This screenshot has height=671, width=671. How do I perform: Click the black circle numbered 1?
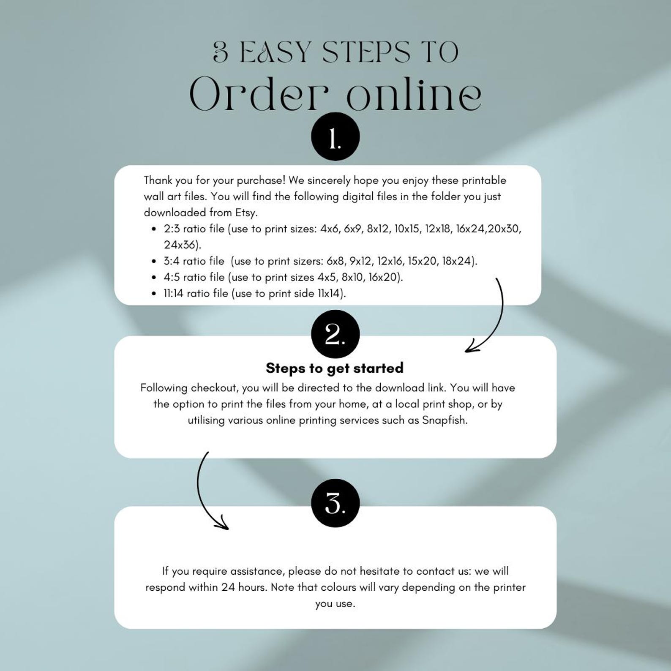[335, 136]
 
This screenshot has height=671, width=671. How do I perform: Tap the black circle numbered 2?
[335, 334]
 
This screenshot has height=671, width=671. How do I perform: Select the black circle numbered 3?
[335, 503]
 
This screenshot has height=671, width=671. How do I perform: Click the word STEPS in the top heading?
[366, 52]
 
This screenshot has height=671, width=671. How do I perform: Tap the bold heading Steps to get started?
[335, 368]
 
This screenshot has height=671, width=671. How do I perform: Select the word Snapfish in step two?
[445, 420]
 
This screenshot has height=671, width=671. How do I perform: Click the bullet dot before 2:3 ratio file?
[154, 229]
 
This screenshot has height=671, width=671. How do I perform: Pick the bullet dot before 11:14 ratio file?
[154, 294]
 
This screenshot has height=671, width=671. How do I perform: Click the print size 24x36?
[181, 245]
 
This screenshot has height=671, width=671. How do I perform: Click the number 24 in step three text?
[228, 587]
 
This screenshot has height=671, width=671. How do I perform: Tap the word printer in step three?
[510, 588]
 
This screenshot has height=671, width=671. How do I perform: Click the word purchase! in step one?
[261, 181]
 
